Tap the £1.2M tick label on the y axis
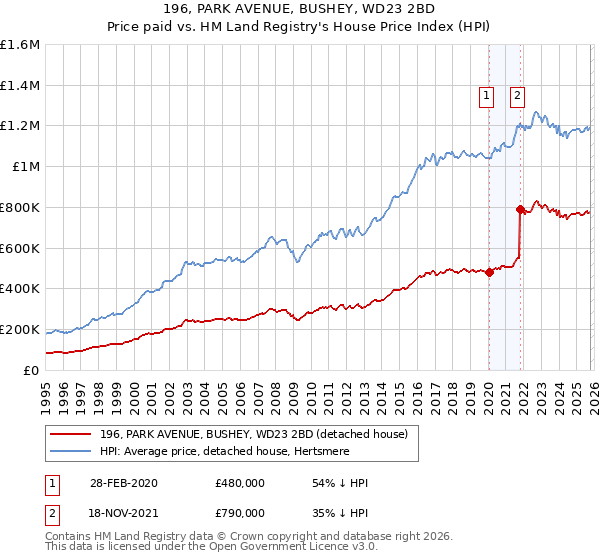tap(20, 126)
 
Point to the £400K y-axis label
tap(20, 289)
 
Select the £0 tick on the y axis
tap(30, 370)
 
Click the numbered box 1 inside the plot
tap(487, 96)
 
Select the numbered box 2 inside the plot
tap(517, 96)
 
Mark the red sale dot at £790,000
tap(520, 209)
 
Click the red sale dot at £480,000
tap(489, 272)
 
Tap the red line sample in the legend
tap(71, 435)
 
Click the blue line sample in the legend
tap(71, 452)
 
